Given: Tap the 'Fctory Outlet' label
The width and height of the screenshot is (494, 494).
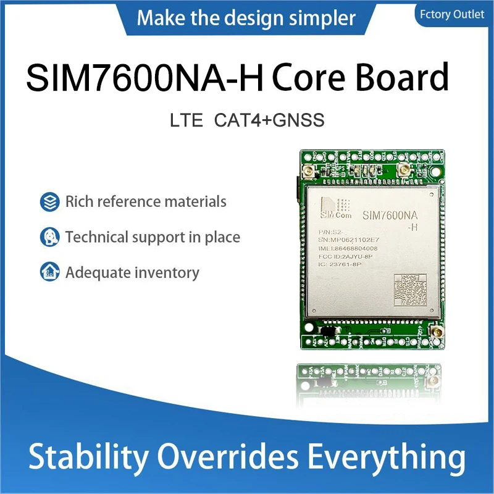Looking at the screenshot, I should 453,14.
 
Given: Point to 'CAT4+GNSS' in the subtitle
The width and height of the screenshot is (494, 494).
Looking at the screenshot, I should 269,120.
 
